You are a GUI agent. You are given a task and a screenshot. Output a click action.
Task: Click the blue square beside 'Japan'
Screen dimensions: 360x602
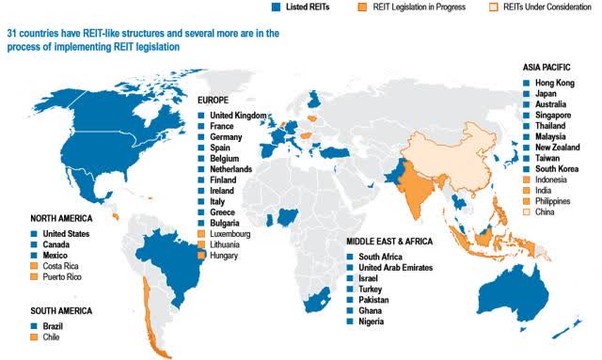coord(526,95)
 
